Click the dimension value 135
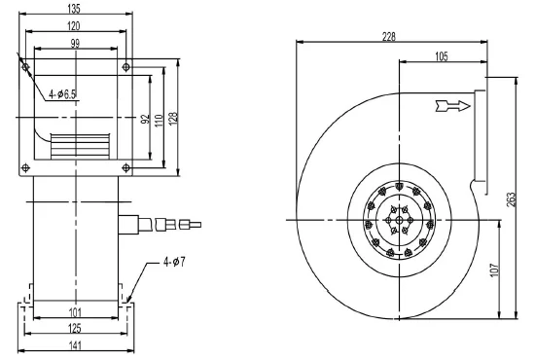(73, 7)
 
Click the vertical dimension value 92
(143, 120)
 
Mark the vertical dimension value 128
(174, 119)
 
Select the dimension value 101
(75, 312)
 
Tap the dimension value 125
(75, 328)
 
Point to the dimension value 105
(439, 57)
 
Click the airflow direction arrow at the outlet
(452, 105)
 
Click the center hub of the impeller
(400, 221)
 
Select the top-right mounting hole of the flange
(125, 67)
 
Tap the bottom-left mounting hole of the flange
(27, 167)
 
